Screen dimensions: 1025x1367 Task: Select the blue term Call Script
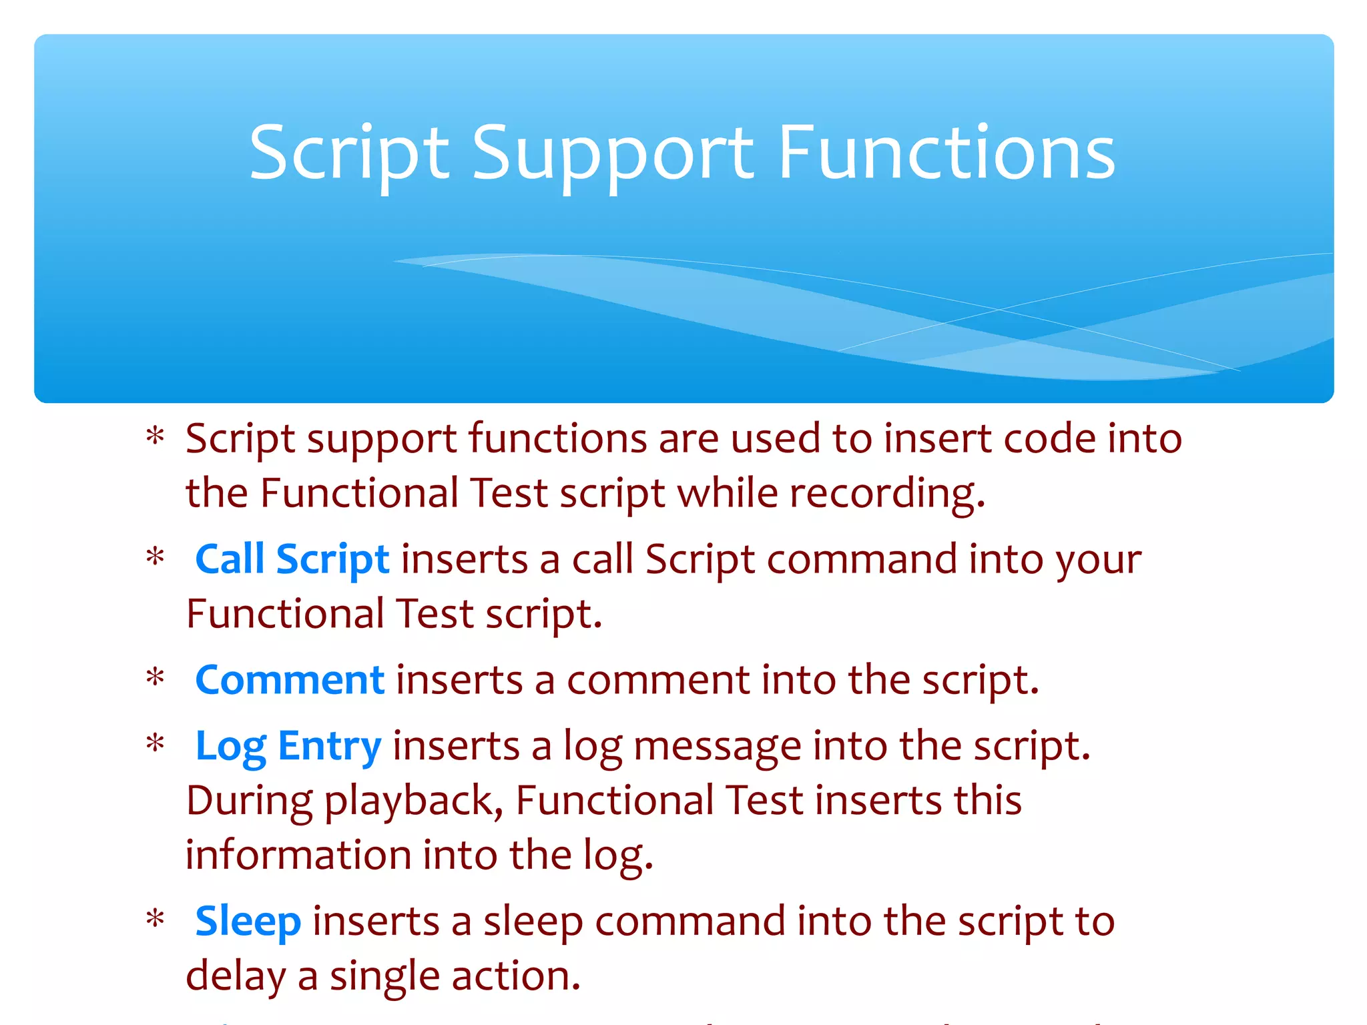pyautogui.click(x=292, y=559)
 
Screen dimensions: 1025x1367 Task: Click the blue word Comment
pyautogui.click(x=290, y=680)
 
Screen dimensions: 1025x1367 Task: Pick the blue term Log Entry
pyautogui.click(x=288, y=746)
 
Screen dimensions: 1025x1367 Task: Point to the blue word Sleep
pyautogui.click(x=248, y=922)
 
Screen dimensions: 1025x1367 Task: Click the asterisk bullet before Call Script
pyautogui.click(x=156, y=558)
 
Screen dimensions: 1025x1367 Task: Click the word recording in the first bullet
pyautogui.click(x=887, y=494)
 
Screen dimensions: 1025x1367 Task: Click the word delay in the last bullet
pyautogui.click(x=235, y=976)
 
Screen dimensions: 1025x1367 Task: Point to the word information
pyautogui.click(x=298, y=855)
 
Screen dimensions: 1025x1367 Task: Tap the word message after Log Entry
pyautogui.click(x=717, y=746)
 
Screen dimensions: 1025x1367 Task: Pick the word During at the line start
pyautogui.click(x=249, y=801)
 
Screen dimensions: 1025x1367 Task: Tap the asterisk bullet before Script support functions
pyautogui.click(x=156, y=438)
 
